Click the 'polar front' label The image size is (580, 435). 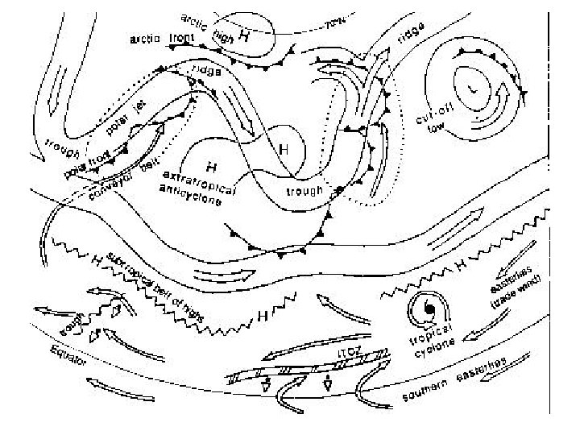pos(83,165)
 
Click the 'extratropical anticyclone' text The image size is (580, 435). pos(198,188)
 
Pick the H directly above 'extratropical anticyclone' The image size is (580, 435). pos(212,168)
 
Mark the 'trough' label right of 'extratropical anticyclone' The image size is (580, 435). pos(304,191)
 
